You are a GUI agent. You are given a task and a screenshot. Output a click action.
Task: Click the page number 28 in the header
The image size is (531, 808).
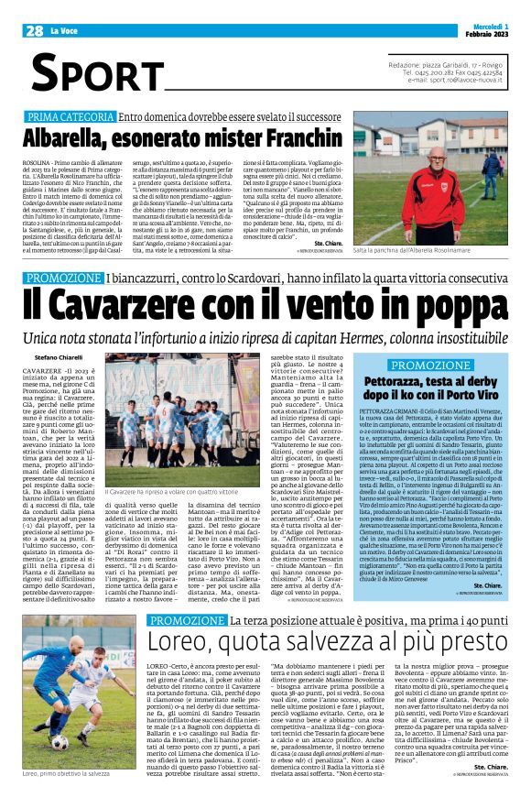(34, 31)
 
